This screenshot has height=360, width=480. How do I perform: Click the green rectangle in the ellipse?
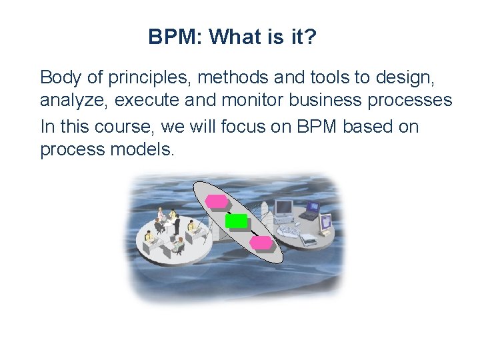pyautogui.click(x=236, y=221)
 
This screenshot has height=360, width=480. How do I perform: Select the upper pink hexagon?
pyautogui.click(x=215, y=201)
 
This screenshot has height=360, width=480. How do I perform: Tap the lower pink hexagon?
pyautogui.click(x=261, y=242)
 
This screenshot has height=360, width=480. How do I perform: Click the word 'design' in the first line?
pyautogui.click(x=413, y=78)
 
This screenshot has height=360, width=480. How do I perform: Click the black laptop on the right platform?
pyautogui.click(x=310, y=211)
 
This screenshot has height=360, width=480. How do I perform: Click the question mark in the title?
pyautogui.click(x=310, y=37)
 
